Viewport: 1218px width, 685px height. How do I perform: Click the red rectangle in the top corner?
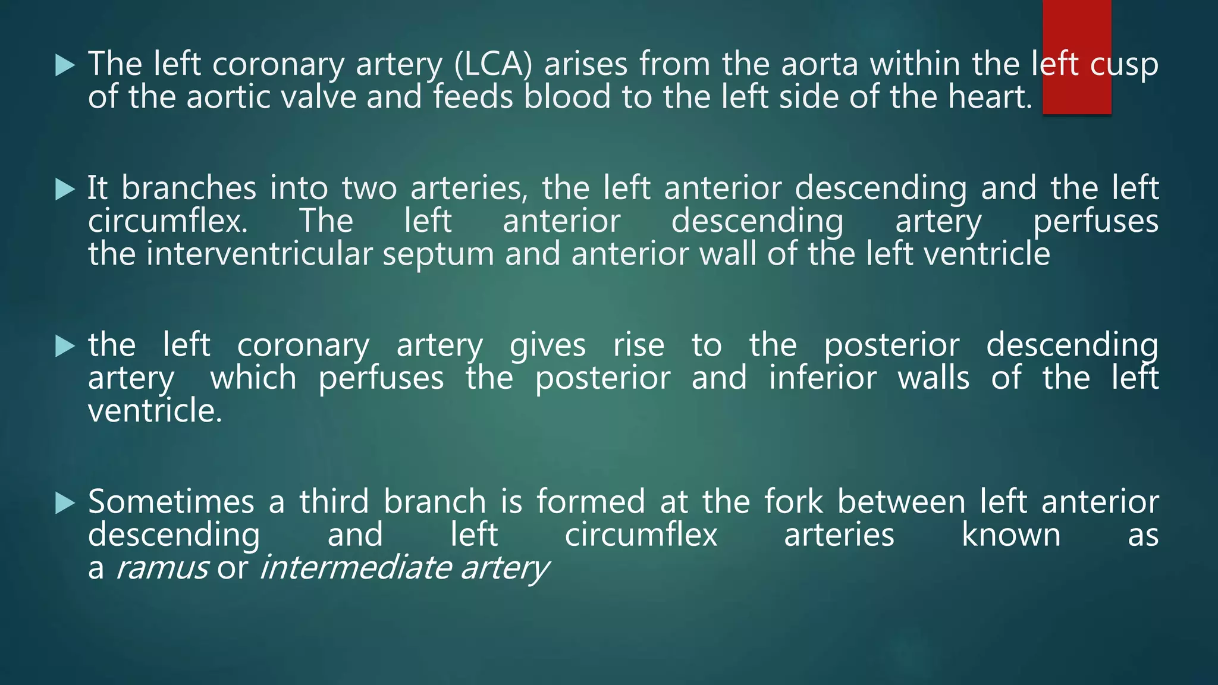point(1076,56)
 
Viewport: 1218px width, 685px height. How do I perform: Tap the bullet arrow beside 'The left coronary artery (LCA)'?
point(65,65)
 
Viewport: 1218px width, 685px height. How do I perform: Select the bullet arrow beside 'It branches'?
point(65,190)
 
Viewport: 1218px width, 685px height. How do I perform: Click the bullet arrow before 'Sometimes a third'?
point(65,503)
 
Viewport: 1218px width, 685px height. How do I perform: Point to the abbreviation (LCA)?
point(493,64)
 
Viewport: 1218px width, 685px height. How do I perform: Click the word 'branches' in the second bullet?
point(189,188)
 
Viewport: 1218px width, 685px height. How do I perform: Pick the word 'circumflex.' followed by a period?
point(168,221)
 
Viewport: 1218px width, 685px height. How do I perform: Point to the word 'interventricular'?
point(259,254)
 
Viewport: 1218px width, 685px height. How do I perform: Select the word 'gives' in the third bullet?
point(548,346)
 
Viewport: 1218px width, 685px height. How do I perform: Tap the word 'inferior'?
point(823,378)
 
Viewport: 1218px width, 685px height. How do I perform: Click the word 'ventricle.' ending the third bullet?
point(155,411)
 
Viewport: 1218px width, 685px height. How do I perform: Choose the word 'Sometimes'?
point(171,501)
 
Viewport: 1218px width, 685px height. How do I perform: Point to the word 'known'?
point(1011,535)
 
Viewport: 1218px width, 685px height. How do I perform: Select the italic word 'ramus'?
point(162,568)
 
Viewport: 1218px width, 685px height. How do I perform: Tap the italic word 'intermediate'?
point(355,568)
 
